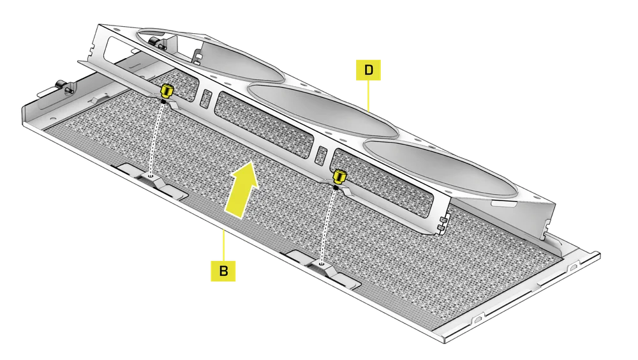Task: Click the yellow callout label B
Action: [223, 270]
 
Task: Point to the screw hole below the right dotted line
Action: [321, 262]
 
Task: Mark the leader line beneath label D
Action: [369, 96]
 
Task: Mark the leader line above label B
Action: [223, 243]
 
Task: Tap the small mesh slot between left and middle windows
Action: [206, 98]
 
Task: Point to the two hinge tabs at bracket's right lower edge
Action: [441, 223]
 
